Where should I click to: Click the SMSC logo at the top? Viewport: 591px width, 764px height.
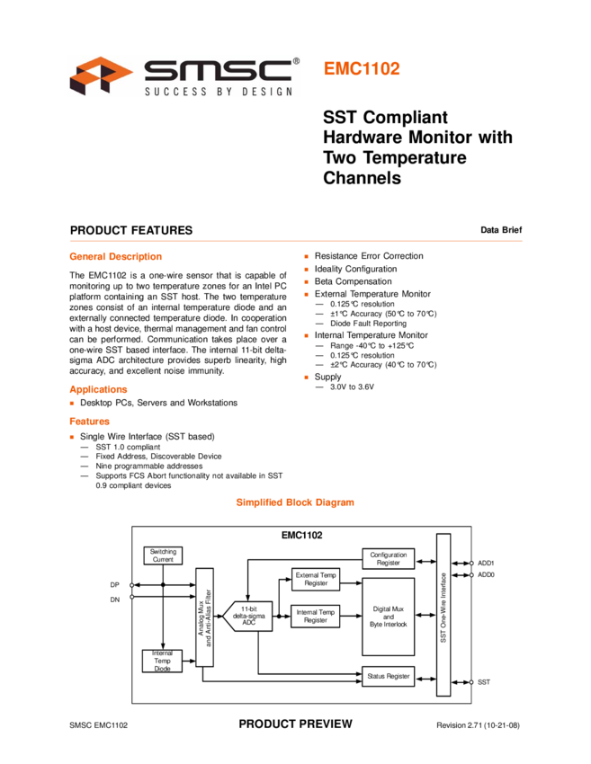184,76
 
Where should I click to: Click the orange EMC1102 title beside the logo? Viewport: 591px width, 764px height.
362,69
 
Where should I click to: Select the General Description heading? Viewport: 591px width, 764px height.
115,257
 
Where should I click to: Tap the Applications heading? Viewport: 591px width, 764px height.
98,390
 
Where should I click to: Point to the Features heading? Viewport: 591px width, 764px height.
89,422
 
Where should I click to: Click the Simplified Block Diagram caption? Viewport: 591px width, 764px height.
294,502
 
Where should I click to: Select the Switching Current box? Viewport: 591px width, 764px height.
163,555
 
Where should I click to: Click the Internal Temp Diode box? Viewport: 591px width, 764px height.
162,661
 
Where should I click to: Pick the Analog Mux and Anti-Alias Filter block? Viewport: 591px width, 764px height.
204,617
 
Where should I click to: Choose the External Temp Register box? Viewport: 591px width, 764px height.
316,579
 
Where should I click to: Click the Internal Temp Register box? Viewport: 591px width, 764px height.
316,617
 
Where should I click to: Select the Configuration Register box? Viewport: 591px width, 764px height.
388,559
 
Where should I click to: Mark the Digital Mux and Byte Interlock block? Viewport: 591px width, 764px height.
388,617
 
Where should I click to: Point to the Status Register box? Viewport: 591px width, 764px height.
388,676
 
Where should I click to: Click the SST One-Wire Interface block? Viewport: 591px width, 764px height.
443,615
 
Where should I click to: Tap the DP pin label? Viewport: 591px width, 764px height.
115,585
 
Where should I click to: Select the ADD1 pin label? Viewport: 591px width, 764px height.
486,563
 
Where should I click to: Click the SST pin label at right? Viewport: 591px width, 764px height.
484,682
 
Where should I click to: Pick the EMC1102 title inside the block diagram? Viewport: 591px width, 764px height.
302,535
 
